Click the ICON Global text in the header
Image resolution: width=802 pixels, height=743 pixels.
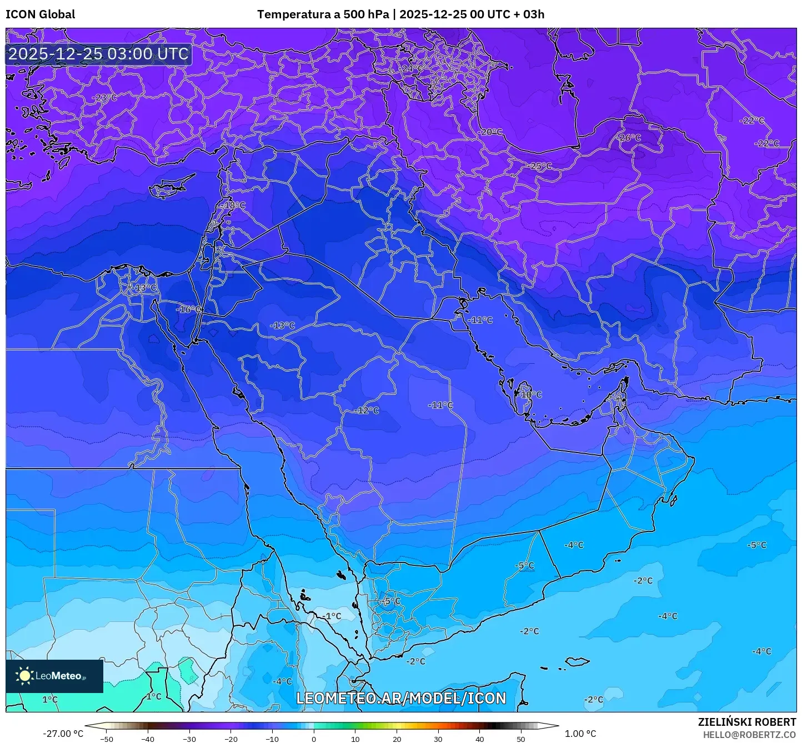tap(40, 14)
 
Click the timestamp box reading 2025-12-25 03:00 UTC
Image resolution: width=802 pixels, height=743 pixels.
tap(98, 54)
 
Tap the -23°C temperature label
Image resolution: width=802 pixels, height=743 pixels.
tap(104, 98)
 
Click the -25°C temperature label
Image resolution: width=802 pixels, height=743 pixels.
tap(540, 166)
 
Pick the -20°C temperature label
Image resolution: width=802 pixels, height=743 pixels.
tap(490, 132)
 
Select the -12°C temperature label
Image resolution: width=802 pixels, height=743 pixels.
tap(367, 410)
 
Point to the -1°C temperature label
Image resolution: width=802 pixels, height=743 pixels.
tap(332, 616)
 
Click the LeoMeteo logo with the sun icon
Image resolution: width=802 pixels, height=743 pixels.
tap(54, 676)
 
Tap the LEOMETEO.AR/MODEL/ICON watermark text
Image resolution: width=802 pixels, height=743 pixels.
tap(401, 698)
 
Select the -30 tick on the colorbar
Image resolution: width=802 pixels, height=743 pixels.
tap(189, 739)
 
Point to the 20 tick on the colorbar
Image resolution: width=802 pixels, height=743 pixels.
tap(397, 739)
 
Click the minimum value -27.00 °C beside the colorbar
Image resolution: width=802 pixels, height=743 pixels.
tap(63, 734)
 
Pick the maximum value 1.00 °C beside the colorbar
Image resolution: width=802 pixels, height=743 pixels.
tap(580, 734)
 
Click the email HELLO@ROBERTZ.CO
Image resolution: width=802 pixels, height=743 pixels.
tap(749, 735)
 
